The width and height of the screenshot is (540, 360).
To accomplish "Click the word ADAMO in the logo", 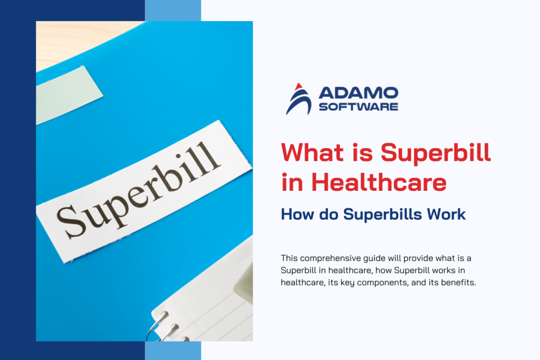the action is click(358, 93).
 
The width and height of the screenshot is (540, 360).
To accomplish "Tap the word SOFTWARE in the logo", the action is click(358, 106).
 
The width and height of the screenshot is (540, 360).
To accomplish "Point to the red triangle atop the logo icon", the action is click(299, 86).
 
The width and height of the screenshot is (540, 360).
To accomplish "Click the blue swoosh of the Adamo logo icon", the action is click(299, 102).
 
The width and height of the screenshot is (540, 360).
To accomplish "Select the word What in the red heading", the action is click(313, 152).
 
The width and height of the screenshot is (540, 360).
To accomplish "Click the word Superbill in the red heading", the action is click(436, 154).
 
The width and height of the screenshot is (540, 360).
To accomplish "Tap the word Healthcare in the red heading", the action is click(379, 182).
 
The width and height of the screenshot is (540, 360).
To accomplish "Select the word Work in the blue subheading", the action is click(446, 214).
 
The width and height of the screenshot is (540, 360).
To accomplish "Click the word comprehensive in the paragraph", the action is click(333, 258).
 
